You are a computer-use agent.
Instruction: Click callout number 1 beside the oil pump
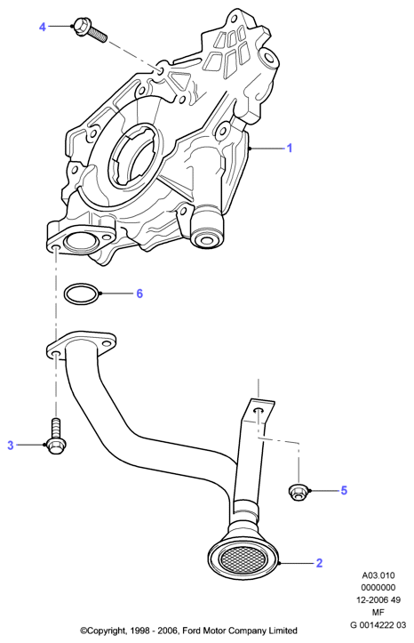tap(289, 148)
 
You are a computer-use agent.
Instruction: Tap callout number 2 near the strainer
tap(319, 563)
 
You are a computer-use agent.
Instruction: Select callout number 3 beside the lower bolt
tap(11, 445)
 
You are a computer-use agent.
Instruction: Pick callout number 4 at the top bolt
tap(43, 27)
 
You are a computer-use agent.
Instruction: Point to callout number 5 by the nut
tap(344, 490)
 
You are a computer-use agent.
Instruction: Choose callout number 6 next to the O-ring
tap(139, 293)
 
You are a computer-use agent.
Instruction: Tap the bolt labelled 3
tap(56, 437)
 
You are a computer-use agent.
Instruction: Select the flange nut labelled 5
tap(299, 492)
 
